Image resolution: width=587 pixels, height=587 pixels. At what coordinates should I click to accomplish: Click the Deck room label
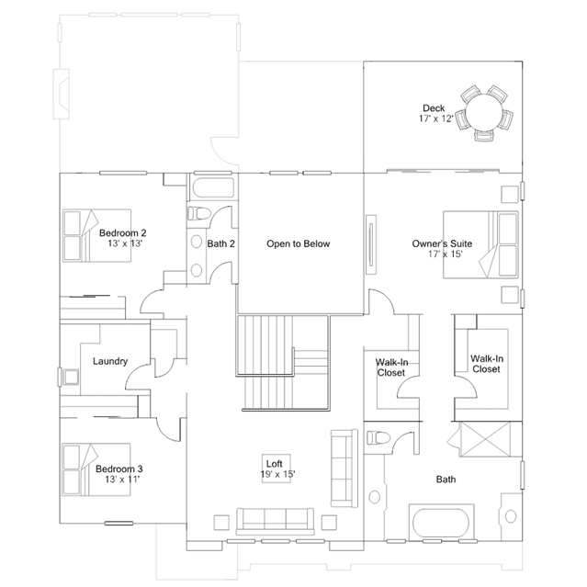click(x=434, y=108)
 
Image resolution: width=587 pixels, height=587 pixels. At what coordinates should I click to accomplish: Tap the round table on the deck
click(x=484, y=112)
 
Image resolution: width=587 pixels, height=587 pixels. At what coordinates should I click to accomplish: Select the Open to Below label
click(x=299, y=243)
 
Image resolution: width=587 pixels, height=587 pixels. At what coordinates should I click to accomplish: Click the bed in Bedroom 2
click(x=96, y=235)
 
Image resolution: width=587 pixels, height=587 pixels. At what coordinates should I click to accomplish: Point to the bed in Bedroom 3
click(x=96, y=469)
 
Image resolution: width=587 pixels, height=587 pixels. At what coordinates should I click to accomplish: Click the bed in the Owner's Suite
click(x=480, y=245)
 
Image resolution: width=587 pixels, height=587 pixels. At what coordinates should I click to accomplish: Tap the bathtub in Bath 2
click(x=213, y=187)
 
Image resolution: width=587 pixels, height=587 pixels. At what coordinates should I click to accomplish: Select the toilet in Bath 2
click(x=199, y=213)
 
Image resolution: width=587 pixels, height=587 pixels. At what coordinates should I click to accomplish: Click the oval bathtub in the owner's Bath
click(x=441, y=523)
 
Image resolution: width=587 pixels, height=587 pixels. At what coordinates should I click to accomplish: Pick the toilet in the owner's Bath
click(x=378, y=437)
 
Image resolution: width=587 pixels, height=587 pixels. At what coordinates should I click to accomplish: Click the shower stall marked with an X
click(x=485, y=439)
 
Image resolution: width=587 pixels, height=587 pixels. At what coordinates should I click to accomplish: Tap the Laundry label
click(x=110, y=361)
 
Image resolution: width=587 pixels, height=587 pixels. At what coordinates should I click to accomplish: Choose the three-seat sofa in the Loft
click(x=276, y=521)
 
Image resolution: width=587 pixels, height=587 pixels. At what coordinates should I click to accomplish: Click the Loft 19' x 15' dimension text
click(x=277, y=474)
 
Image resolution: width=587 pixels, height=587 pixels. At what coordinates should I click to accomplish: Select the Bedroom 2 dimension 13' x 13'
click(x=126, y=243)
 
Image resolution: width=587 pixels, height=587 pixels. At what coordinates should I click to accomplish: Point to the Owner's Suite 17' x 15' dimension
click(x=446, y=254)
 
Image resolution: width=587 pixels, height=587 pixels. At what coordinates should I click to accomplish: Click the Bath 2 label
click(x=220, y=243)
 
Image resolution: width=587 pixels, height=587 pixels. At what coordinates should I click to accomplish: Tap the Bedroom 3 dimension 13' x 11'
click(x=122, y=480)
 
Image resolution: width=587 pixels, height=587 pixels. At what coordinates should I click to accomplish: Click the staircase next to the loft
click(x=283, y=363)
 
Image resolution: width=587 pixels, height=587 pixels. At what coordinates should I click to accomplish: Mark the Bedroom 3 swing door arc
click(x=168, y=429)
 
